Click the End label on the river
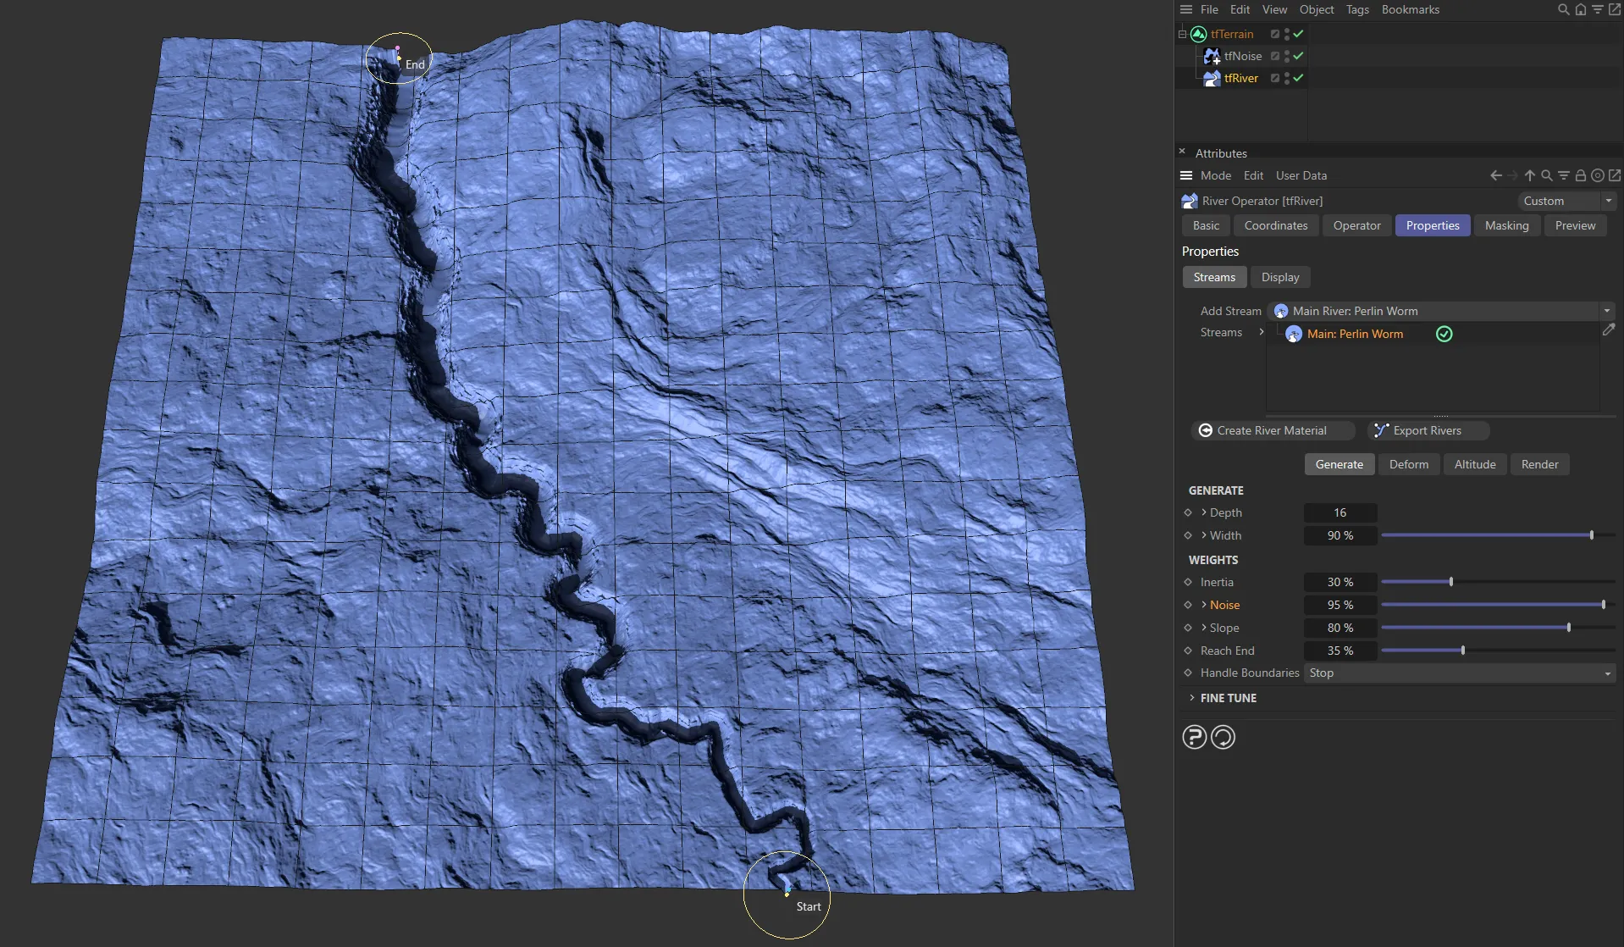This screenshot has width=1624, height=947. (x=415, y=64)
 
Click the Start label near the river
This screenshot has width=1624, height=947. (x=809, y=906)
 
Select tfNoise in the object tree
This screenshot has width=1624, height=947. (x=1242, y=56)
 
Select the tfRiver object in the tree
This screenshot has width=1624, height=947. (x=1240, y=78)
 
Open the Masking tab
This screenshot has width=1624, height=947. (x=1506, y=225)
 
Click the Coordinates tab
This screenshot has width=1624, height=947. (x=1275, y=225)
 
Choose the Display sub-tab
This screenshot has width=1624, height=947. (x=1279, y=277)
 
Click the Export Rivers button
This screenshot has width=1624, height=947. (x=1427, y=430)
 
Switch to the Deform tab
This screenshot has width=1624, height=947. (x=1408, y=464)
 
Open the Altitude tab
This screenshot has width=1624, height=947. (x=1474, y=464)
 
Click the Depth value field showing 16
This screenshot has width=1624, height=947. (x=1340, y=512)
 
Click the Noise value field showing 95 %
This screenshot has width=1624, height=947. (x=1340, y=605)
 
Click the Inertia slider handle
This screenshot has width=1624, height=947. (x=1451, y=582)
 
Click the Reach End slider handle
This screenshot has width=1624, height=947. (x=1463, y=651)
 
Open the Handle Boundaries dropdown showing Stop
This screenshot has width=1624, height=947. (x=1459, y=673)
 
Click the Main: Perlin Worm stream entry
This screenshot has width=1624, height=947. (x=1354, y=334)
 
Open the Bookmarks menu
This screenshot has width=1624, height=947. (x=1410, y=9)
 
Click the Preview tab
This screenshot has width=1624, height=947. (x=1574, y=225)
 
